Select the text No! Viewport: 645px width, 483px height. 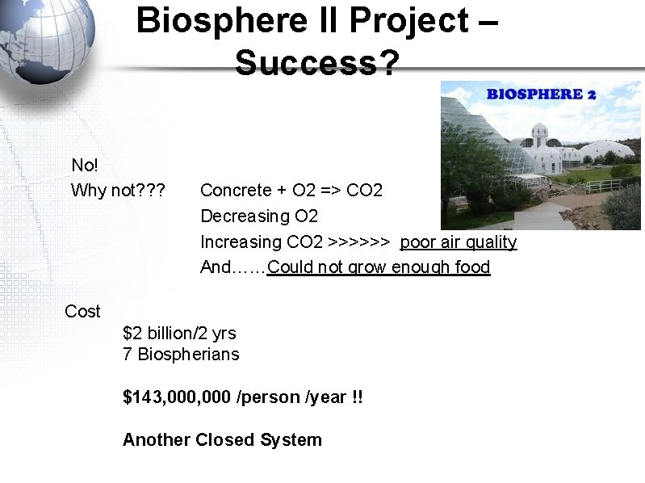85,166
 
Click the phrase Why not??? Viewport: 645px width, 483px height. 118,191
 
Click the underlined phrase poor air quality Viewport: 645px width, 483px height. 459,242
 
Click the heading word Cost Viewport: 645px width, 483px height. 82,312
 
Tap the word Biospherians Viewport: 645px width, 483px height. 188,355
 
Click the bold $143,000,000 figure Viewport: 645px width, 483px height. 177,397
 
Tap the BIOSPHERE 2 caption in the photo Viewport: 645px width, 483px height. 541,94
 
